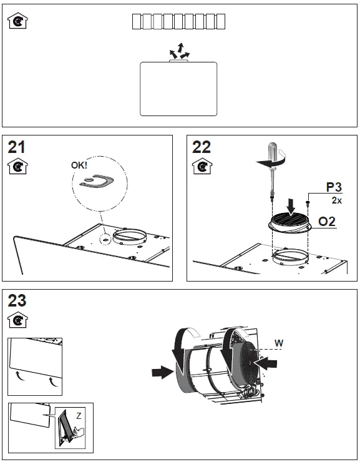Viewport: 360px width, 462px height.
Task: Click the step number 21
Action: (x=17, y=147)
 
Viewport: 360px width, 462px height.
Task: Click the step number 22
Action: (x=201, y=147)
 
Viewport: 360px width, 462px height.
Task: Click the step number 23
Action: (x=17, y=300)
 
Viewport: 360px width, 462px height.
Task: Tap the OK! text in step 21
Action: (x=79, y=166)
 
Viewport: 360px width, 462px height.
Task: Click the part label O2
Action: (x=328, y=222)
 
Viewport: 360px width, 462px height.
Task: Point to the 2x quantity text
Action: (x=336, y=201)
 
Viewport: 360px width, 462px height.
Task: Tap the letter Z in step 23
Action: (x=79, y=415)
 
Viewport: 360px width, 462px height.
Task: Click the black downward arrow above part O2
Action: (x=291, y=205)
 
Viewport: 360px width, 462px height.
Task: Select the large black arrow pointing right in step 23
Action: (x=162, y=372)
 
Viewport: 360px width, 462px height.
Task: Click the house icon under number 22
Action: (x=200, y=167)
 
